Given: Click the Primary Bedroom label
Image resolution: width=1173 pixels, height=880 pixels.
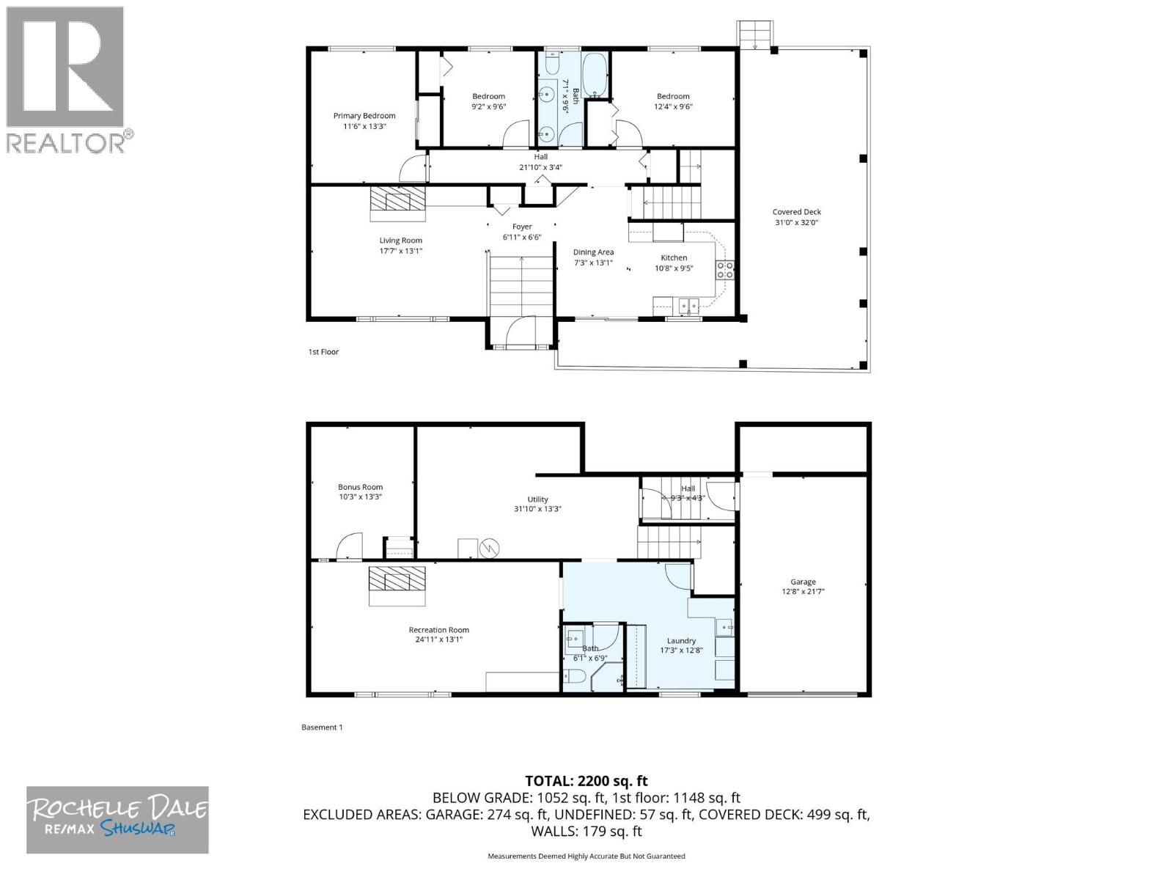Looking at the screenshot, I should click(x=364, y=116).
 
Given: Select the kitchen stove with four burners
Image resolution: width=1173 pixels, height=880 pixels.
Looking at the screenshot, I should click(x=724, y=270).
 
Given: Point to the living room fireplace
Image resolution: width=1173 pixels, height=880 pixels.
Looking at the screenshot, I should click(x=397, y=203).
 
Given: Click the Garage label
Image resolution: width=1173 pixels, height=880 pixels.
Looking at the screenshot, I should click(x=803, y=582).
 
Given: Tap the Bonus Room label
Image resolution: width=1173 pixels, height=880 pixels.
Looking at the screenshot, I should click(x=360, y=487).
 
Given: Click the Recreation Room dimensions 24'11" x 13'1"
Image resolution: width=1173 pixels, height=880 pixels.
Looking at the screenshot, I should click(x=438, y=639).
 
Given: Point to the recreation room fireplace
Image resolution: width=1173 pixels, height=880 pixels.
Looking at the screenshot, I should click(x=397, y=585).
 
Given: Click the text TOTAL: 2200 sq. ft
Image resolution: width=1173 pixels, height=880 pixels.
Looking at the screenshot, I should click(x=586, y=781).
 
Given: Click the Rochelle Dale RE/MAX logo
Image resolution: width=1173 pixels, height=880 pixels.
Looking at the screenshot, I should click(x=117, y=819).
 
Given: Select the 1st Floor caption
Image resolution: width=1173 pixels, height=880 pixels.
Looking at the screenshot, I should click(x=323, y=352).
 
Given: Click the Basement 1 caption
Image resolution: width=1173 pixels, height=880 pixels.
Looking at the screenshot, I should click(x=322, y=727).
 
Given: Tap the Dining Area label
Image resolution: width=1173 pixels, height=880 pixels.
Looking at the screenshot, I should click(x=593, y=252).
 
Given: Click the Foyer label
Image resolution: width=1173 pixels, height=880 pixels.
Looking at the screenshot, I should click(x=522, y=227).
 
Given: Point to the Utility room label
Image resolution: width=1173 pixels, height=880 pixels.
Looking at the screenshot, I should click(x=537, y=499).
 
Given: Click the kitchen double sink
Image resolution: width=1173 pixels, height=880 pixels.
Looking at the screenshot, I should click(x=688, y=306).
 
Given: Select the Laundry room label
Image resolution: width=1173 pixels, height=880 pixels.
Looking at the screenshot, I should click(x=681, y=640).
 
